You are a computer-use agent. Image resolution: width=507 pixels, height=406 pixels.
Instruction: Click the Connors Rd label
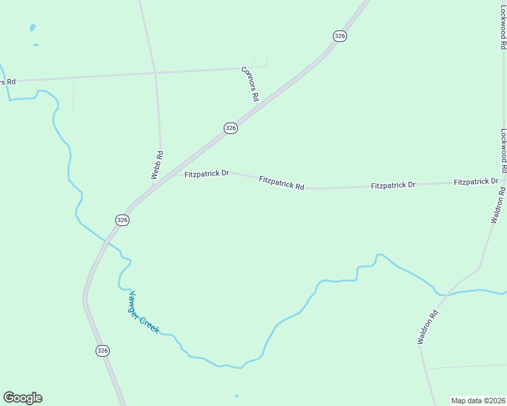(251, 84)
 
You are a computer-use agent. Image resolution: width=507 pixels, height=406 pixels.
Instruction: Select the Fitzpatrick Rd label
(281, 182)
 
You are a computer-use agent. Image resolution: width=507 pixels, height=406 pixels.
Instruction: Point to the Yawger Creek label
(144, 311)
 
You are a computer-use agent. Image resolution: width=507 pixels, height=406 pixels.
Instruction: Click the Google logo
(22, 398)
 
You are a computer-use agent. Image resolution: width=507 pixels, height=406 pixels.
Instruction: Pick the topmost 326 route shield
(340, 36)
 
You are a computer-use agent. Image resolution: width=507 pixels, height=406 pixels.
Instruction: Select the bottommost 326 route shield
(102, 351)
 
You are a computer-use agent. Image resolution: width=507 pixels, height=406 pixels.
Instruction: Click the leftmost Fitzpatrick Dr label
(207, 174)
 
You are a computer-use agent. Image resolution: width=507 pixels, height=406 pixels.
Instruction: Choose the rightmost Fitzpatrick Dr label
(476, 182)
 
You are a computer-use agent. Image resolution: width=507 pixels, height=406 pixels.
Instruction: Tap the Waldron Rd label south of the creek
(429, 327)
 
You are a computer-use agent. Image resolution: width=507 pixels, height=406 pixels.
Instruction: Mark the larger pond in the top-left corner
(32, 28)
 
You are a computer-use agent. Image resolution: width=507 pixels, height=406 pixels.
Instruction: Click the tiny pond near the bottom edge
(236, 396)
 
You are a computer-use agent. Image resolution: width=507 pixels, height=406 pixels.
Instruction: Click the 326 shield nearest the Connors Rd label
(231, 128)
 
